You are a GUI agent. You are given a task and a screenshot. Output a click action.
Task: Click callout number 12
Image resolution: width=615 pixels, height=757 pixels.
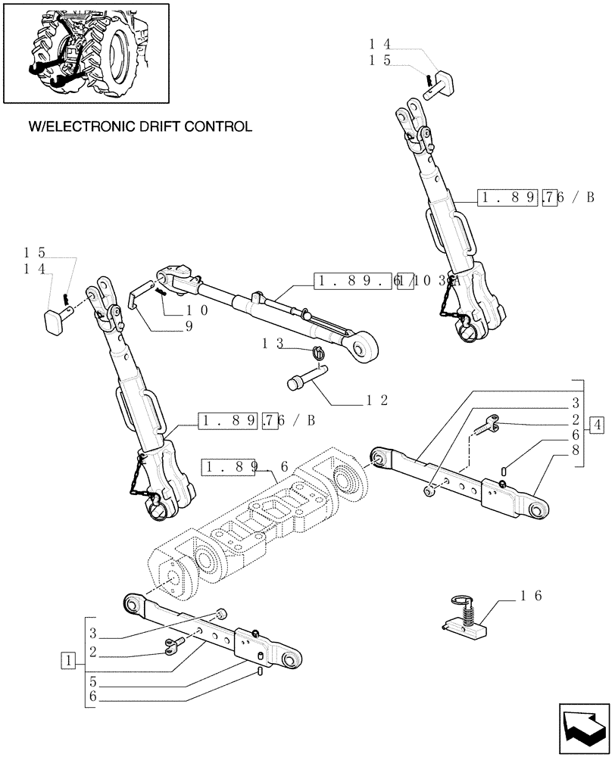click(x=376, y=399)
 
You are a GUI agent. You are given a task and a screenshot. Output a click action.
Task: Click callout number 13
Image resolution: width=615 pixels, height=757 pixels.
click(x=273, y=342)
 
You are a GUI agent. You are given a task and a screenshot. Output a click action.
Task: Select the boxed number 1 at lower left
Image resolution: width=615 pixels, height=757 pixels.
click(x=70, y=659)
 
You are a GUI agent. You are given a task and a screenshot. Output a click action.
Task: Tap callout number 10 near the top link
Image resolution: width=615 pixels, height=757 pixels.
click(x=198, y=309)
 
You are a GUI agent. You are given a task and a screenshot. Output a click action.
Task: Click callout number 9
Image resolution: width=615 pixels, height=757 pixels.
click(x=188, y=326)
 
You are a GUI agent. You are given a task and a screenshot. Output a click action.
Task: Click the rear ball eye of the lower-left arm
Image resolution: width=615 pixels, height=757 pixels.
click(x=133, y=603)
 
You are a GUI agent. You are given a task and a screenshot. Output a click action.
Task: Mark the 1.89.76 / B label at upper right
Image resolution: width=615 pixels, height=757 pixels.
click(x=535, y=198)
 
